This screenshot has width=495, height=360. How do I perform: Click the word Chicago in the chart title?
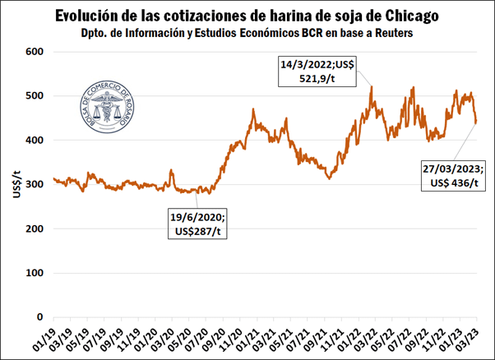[402, 16]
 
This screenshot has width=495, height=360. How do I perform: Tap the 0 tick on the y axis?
[39, 317]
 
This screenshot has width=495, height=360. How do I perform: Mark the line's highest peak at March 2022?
[372, 86]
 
